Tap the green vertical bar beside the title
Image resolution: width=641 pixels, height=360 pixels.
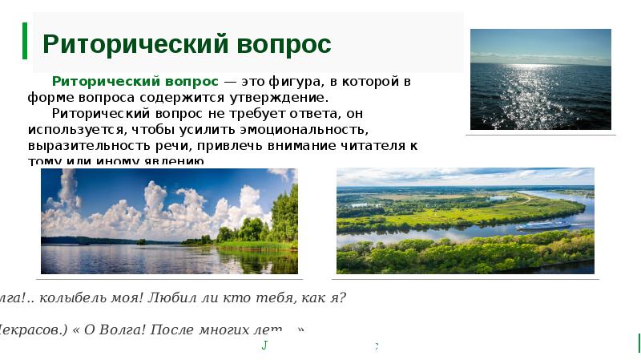25,41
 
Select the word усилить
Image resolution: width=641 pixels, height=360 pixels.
193,128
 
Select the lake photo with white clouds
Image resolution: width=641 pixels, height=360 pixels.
169,220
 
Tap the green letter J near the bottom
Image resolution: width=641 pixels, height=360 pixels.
264,346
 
